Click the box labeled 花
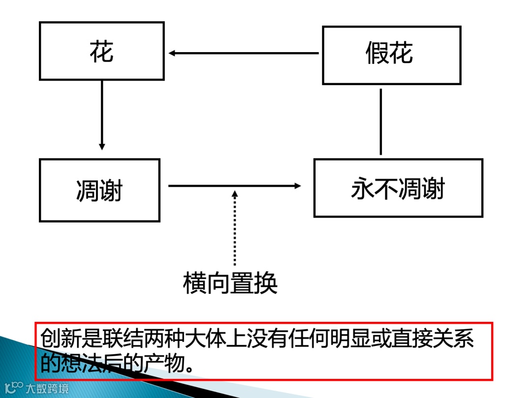pos(102,51)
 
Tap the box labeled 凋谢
pos(100,190)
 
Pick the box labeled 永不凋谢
pos(398,188)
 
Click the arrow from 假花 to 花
pos(243,53)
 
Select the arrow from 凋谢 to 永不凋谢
pos(234,186)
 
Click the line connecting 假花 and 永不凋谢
pos(381,121)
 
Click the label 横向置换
pos(230,283)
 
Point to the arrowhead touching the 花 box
pos(172,53)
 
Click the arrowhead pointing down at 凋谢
pos(102,146)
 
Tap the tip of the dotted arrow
pos(235,192)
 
